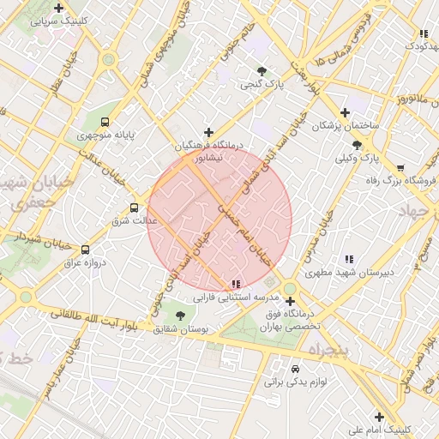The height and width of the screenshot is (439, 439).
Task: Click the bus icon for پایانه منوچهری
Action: [x=105, y=122]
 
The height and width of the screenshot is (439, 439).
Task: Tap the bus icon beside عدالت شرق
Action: [x=134, y=207]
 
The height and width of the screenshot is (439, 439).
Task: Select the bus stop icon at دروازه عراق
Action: [x=84, y=250]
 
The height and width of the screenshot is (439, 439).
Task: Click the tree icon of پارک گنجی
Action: [x=262, y=71]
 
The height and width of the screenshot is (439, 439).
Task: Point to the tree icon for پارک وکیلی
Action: [x=357, y=145]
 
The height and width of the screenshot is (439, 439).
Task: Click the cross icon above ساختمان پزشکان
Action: [x=345, y=112]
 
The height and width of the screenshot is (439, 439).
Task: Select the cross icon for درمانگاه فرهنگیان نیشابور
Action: [x=208, y=132]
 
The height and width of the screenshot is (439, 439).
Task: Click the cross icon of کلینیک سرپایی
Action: [x=58, y=9]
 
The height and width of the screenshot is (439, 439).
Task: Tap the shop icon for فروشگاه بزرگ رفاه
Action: [x=400, y=167]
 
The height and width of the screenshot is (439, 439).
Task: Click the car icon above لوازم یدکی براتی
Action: [x=296, y=364]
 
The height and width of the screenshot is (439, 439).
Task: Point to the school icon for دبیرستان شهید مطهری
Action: [x=349, y=259]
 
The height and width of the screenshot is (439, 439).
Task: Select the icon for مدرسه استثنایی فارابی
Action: [x=236, y=284]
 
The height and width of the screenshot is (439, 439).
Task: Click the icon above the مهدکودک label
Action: [x=423, y=33]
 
